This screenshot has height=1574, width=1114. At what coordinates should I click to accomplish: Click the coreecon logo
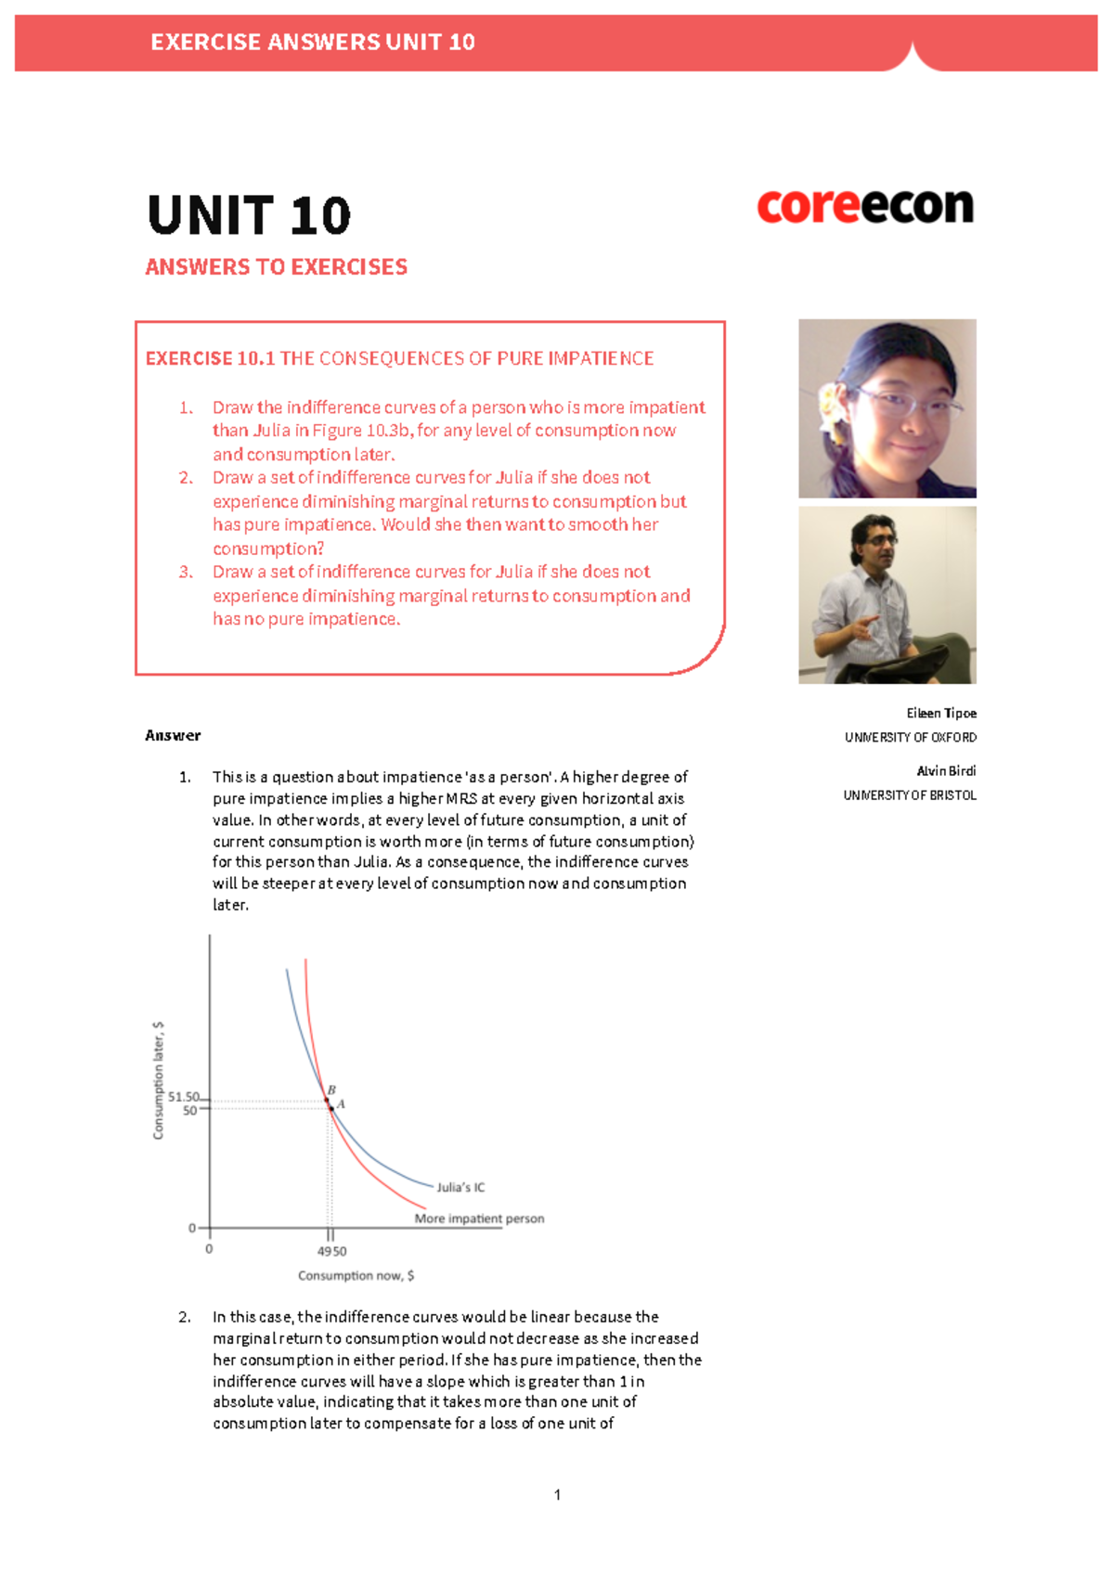865,206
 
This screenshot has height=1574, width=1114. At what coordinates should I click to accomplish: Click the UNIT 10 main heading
249,215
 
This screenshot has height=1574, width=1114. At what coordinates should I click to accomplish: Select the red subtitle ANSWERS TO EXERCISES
276,267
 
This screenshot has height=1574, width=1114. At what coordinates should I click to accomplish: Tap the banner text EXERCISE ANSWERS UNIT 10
312,43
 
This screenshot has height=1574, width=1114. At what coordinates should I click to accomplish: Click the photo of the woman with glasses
887,408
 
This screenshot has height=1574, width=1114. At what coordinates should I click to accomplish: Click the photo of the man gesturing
887,595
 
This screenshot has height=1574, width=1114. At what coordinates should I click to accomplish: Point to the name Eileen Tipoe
940,713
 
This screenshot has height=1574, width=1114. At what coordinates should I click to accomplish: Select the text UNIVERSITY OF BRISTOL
909,795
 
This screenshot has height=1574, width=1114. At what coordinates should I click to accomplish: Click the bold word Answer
173,735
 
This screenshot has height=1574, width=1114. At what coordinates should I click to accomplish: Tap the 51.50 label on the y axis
183,1097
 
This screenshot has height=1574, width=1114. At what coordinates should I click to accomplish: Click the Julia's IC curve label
460,1187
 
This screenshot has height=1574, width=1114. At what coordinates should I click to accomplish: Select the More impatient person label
479,1219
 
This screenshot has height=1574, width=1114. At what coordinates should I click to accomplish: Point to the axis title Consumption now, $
356,1275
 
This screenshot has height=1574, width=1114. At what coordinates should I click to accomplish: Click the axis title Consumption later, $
159,1080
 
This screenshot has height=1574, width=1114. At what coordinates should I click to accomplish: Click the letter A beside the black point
341,1104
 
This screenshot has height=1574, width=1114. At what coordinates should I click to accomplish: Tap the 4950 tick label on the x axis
331,1251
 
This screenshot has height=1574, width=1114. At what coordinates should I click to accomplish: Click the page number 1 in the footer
557,1494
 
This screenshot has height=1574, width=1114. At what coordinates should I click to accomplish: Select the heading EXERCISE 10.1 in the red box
210,358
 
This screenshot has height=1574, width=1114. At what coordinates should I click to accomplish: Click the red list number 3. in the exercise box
186,572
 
